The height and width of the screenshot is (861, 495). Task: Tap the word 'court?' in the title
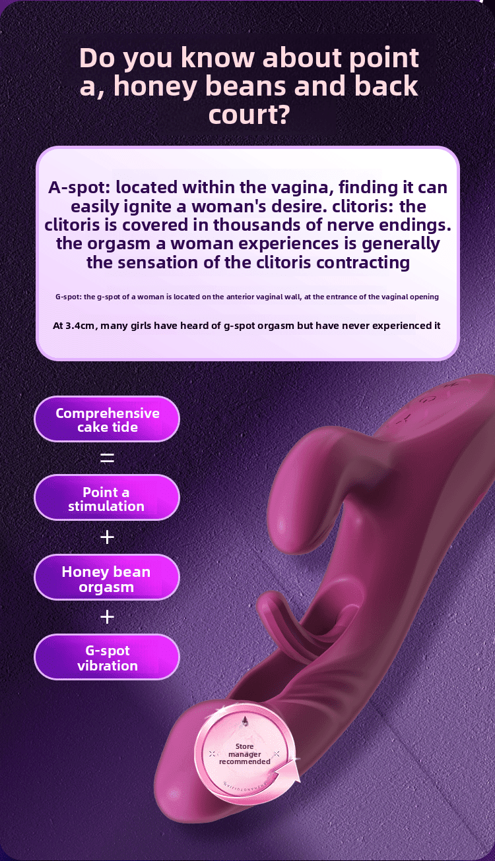click(x=249, y=115)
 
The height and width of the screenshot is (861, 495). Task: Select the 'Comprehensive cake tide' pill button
click(x=107, y=420)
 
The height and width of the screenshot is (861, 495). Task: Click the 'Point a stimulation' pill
click(x=106, y=499)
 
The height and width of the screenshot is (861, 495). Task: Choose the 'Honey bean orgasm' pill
click(x=106, y=579)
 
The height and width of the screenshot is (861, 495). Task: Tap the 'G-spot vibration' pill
click(x=107, y=658)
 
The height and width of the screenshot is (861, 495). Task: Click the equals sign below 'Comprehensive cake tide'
click(x=107, y=458)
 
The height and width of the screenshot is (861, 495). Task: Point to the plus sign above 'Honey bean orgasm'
click(x=107, y=537)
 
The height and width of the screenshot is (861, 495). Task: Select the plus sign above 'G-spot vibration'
click(x=107, y=617)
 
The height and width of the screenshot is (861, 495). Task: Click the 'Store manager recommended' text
click(x=245, y=754)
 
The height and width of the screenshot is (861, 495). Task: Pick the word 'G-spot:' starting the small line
click(x=68, y=297)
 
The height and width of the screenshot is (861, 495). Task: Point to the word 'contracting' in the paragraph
click(x=362, y=262)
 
